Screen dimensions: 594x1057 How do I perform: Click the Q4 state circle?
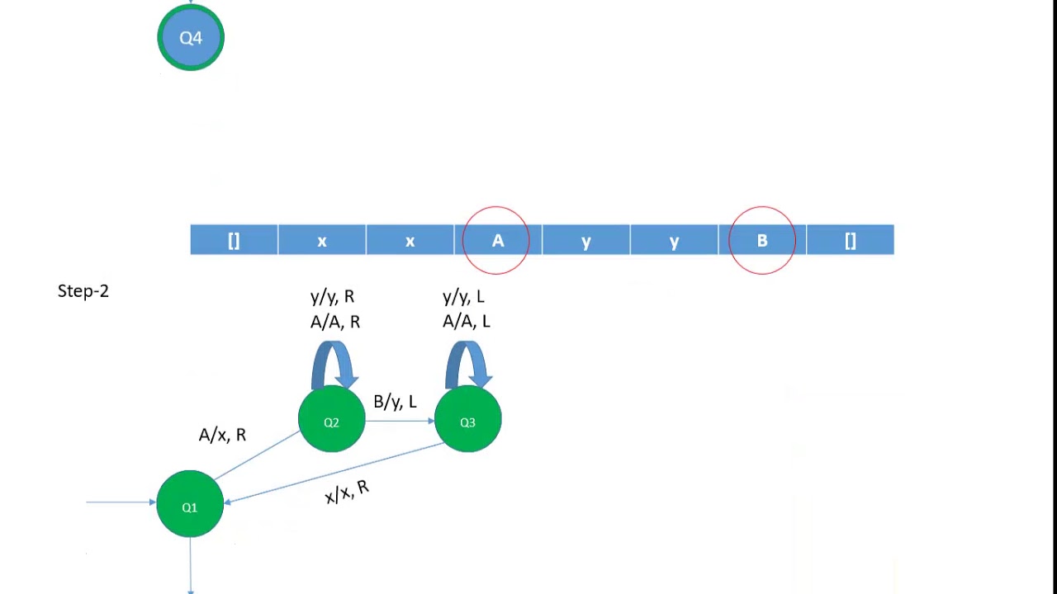(191, 37)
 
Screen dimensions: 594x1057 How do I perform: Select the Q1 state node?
(190, 505)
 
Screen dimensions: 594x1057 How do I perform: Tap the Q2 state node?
(331, 421)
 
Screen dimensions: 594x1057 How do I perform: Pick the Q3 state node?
(467, 421)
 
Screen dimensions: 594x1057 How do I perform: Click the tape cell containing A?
(497, 240)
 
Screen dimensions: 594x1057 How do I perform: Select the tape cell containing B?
(761, 240)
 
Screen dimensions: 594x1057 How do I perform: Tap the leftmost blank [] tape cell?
(234, 240)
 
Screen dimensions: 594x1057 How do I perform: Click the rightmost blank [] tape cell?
(850, 240)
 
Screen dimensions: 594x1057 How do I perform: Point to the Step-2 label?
(83, 290)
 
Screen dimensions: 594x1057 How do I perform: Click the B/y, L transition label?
(395, 402)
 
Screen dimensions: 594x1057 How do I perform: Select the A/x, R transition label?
(222, 435)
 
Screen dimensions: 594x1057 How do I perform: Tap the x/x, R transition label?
(347, 492)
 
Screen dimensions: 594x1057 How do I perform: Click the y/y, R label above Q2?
(332, 296)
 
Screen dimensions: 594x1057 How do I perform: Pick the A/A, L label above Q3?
(466, 321)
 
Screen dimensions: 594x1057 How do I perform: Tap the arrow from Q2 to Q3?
(400, 421)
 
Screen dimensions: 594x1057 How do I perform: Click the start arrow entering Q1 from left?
(121, 502)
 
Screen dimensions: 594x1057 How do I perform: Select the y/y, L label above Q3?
(463, 296)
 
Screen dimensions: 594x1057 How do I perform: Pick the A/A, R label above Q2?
(334, 321)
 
